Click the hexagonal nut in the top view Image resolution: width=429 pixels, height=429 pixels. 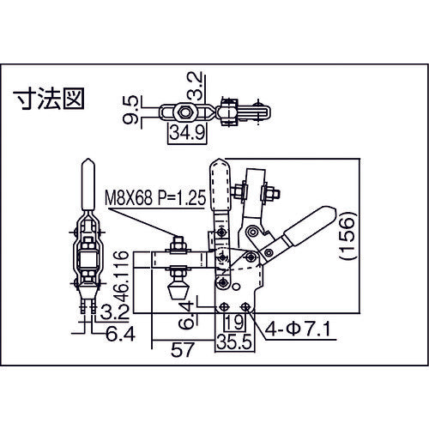click(x=183, y=112)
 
